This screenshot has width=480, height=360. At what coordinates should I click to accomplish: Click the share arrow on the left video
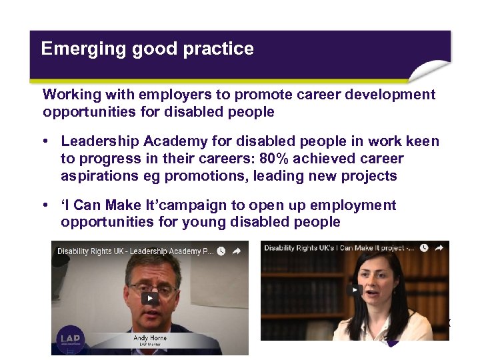236,251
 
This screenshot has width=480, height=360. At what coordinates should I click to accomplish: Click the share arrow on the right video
439,248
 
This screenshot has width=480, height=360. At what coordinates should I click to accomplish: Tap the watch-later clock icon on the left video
220,251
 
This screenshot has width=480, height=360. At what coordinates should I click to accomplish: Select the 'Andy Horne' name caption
149,338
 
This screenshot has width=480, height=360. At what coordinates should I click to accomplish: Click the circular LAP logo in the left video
70,339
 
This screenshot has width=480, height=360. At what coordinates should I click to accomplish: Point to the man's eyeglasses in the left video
152,288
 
